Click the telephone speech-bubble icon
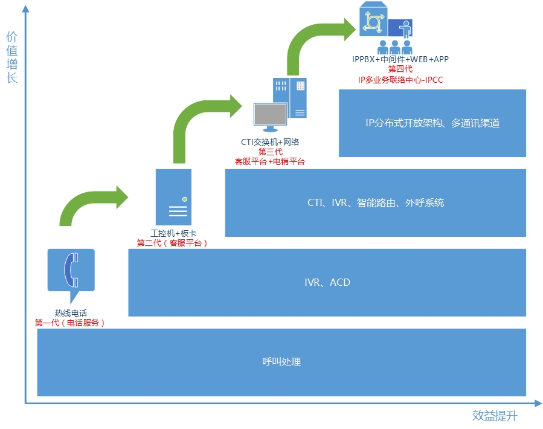(x=71, y=270)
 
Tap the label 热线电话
(x=71, y=313)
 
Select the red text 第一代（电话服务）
(x=71, y=323)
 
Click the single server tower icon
(x=174, y=197)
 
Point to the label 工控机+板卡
(x=173, y=233)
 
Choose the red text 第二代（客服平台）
(x=173, y=243)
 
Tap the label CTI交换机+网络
(x=270, y=142)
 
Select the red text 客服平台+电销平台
(x=270, y=161)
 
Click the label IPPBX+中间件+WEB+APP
(x=400, y=59)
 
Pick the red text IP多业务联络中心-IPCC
(x=400, y=79)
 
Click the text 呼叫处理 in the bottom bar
(x=281, y=362)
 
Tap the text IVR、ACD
(x=327, y=282)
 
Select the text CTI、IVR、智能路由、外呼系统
(x=375, y=202)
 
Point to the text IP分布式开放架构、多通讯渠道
(x=432, y=123)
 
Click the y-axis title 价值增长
(x=12, y=57)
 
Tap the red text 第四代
(x=400, y=69)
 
